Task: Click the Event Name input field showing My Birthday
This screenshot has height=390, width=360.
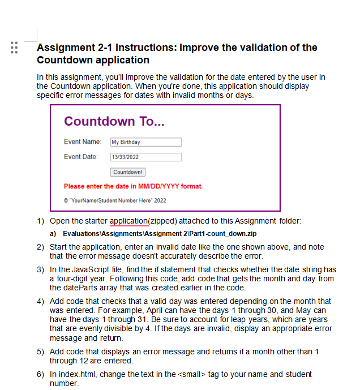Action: [x=145, y=142]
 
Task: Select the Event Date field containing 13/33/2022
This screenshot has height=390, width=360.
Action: [x=145, y=157]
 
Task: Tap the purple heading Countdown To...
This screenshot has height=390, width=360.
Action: [x=114, y=122]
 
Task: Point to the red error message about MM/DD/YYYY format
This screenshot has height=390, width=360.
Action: [x=133, y=186]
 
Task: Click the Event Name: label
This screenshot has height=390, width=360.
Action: [x=82, y=142]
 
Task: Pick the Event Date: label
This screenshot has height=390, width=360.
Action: [x=81, y=156]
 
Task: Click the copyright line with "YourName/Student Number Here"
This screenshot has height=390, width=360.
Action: [x=115, y=200]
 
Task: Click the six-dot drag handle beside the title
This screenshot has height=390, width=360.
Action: [x=15, y=48]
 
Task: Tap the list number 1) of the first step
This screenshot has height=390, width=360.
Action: [x=40, y=221]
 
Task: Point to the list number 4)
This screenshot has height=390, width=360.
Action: [x=40, y=301]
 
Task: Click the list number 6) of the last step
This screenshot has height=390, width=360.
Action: [x=40, y=374]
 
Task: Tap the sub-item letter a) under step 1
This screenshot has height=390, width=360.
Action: [x=53, y=234]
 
